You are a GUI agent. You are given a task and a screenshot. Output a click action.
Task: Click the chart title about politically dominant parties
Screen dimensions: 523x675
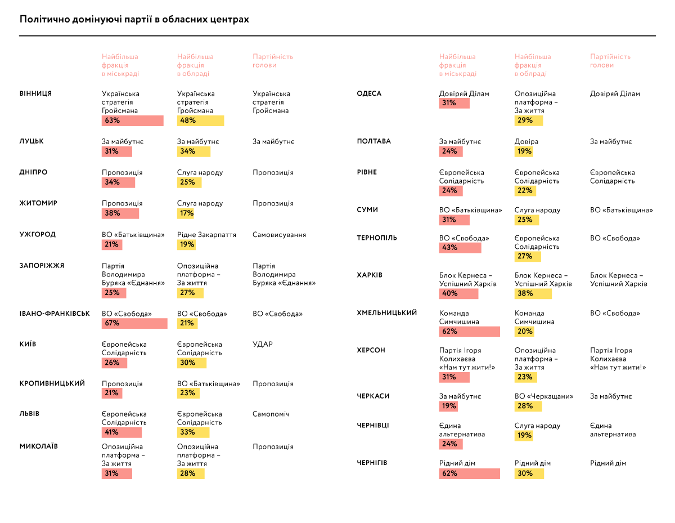(134, 19)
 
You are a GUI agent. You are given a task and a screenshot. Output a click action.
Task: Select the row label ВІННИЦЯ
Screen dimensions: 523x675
(35, 93)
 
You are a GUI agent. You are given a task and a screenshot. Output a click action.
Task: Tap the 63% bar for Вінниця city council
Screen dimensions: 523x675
(132, 120)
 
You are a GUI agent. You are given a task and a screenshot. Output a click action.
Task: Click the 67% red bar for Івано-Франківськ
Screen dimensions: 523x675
(134, 323)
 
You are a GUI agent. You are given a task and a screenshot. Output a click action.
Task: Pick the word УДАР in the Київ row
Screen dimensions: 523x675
(263, 344)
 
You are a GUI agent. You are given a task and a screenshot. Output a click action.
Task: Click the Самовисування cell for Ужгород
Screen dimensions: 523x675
(279, 235)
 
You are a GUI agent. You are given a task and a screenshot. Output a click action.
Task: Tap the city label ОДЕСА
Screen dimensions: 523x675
(369, 93)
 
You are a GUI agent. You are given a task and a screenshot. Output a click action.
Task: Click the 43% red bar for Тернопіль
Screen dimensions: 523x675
(460, 248)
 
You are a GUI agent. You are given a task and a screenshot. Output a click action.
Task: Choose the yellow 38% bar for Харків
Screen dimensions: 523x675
(533, 293)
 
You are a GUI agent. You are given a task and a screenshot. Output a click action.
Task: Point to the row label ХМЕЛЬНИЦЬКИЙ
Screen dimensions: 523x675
(386, 313)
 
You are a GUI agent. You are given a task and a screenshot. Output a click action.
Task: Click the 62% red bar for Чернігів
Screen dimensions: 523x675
(469, 473)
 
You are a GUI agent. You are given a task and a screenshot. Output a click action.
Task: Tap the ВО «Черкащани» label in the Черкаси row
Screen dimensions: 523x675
(544, 396)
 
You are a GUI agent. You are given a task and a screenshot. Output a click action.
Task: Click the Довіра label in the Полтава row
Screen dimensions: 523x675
(526, 142)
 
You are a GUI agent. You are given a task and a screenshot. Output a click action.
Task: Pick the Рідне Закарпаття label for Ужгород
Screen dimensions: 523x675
(206, 235)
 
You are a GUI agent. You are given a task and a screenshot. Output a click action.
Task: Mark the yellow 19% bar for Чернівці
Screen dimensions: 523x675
(524, 435)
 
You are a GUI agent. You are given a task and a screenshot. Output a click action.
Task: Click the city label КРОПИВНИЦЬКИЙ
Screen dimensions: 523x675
(52, 383)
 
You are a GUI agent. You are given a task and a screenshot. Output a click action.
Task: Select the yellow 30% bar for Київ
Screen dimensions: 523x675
(193, 363)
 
